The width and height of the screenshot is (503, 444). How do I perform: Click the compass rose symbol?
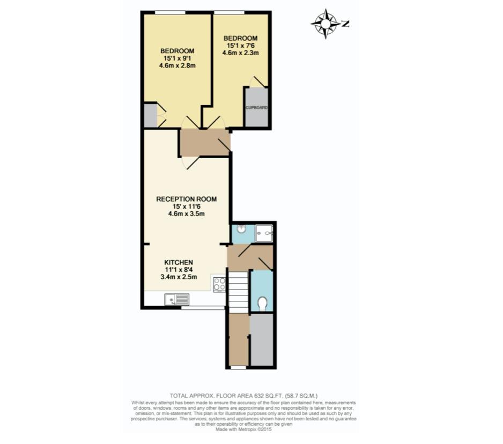325,24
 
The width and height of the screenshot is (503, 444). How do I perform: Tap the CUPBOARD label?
256,107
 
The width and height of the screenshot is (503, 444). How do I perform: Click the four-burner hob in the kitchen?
219,284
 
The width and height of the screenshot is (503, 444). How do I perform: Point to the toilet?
262,304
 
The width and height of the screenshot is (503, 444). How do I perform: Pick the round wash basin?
241,230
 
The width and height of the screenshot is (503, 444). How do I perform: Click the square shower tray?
264,233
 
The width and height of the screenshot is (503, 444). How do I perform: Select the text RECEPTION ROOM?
186,199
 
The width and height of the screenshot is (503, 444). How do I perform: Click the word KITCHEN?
179,262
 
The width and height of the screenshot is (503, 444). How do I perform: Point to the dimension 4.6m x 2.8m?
177,66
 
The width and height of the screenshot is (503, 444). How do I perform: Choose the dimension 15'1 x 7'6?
241,46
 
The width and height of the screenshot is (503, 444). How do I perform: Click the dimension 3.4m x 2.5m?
179,277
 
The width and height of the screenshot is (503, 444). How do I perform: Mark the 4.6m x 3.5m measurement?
186,214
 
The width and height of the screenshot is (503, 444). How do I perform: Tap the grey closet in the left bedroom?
150,115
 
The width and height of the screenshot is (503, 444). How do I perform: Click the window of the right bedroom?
229,12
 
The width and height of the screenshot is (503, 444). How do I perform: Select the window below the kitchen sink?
202,308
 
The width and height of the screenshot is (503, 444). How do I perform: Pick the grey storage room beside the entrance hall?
262,339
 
